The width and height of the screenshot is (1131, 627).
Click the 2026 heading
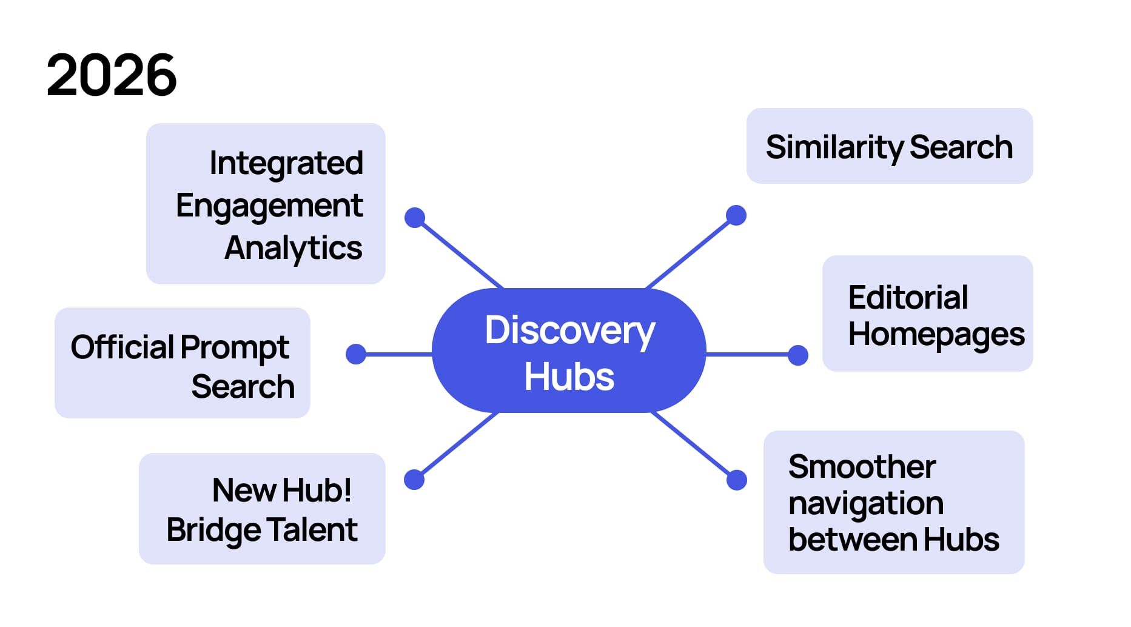[x=112, y=75]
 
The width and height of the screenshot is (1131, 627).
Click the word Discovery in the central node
[x=569, y=331]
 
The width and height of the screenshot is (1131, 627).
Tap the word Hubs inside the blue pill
[x=569, y=377]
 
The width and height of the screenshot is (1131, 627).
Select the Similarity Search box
[x=889, y=147]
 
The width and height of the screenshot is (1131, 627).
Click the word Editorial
[x=908, y=298]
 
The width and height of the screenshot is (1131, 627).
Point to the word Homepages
[x=936, y=334]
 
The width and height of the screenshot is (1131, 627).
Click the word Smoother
[x=862, y=467]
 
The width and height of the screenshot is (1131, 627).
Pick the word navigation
[x=865, y=503]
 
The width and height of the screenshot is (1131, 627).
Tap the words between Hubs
[x=893, y=540]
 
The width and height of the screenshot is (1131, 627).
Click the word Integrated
[x=286, y=163]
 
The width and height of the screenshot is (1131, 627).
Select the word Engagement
[x=269, y=206]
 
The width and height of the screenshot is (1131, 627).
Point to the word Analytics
[x=294, y=248]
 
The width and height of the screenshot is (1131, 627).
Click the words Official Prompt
[x=180, y=347]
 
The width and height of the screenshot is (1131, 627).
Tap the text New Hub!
[x=281, y=490]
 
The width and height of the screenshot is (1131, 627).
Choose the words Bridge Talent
[x=262, y=530]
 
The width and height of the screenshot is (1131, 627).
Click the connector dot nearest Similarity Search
[x=736, y=215]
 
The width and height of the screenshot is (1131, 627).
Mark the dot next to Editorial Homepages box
[x=797, y=355]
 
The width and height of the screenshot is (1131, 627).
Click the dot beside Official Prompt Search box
[x=356, y=354]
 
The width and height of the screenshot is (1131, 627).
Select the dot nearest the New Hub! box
[x=414, y=480]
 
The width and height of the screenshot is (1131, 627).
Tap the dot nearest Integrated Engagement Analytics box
[x=415, y=218]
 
